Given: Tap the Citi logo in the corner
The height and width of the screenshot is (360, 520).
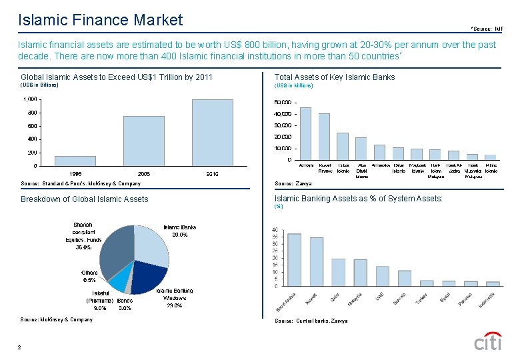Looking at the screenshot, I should click(487, 341).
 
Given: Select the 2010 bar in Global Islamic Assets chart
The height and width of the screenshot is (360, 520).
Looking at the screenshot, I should click(213, 132).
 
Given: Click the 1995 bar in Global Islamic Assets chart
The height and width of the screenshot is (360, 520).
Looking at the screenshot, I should click(75, 161).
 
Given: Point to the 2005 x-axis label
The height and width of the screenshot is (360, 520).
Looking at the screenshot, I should click(143, 173).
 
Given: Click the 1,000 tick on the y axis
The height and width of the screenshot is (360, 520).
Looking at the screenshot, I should click(29, 99).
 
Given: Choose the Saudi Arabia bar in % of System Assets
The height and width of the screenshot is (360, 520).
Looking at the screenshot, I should click(294, 259).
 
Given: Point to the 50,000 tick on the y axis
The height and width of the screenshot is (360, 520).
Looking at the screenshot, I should click(283, 103).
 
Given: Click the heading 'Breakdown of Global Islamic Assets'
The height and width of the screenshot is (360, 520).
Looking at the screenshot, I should click(84, 199).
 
